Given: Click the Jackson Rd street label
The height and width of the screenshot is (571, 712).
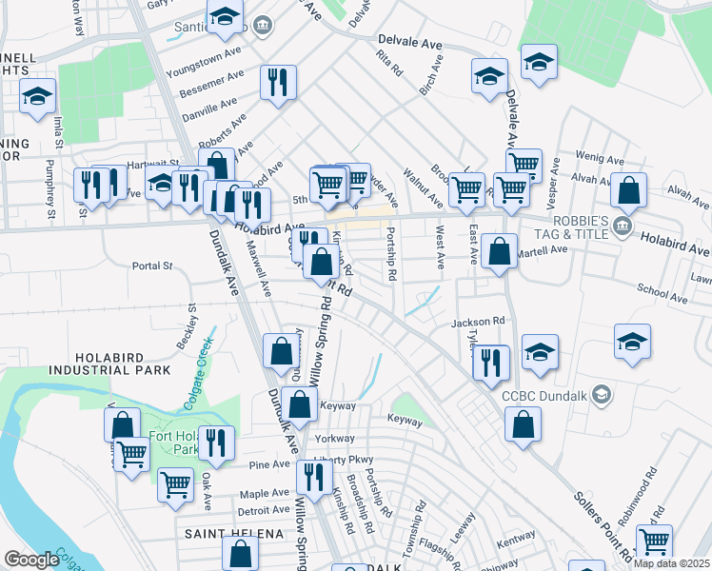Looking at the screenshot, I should [x=477, y=323].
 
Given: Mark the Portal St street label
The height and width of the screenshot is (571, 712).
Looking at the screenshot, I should [x=152, y=266].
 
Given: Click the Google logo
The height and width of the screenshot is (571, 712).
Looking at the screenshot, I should [x=31, y=560].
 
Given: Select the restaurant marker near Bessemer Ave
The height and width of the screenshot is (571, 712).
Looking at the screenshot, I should [x=278, y=82].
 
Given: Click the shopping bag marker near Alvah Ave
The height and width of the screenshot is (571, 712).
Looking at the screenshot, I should [x=628, y=190].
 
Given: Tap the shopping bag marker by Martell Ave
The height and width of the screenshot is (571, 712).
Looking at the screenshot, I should [x=499, y=252].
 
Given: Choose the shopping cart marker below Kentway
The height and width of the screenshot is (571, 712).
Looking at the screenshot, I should [x=654, y=542].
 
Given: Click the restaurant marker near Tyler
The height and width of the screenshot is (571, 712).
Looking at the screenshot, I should [x=491, y=362].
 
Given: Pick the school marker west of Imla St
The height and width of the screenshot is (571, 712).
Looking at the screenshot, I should [x=37, y=96].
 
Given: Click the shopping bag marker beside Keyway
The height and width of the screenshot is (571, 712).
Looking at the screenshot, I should [x=299, y=404].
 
